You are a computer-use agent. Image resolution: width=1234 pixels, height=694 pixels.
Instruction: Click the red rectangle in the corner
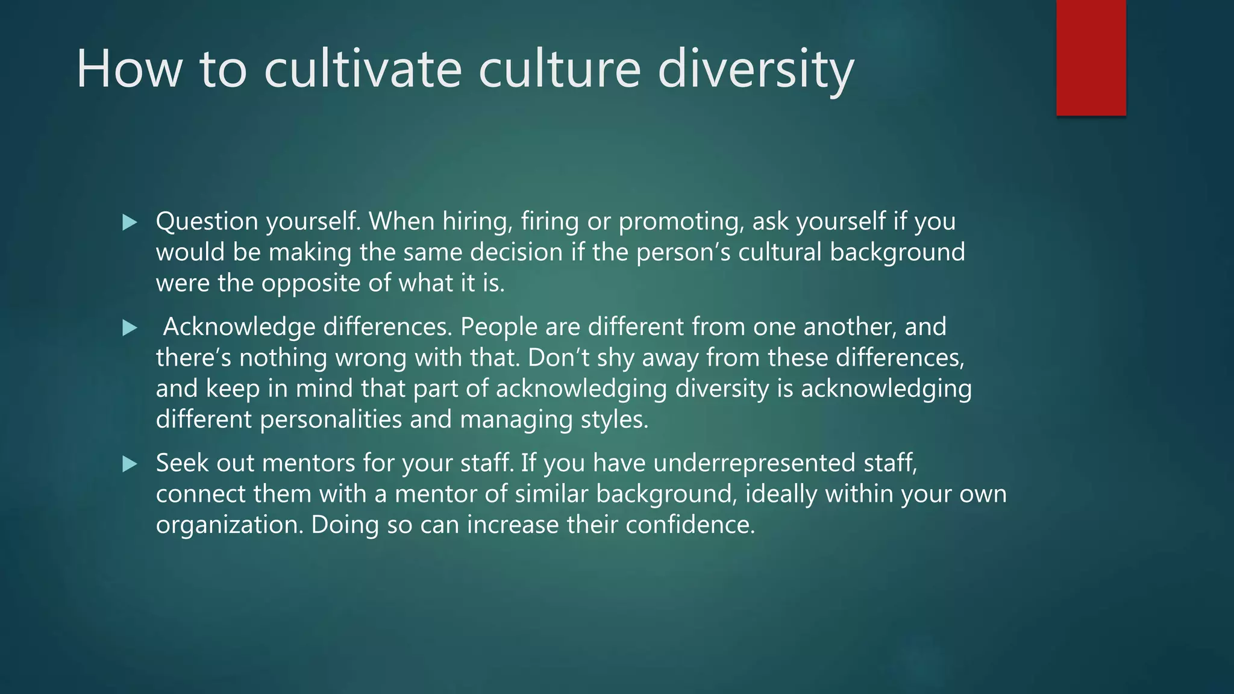[1091, 58]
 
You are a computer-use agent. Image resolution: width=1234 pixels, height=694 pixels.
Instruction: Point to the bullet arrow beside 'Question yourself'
[130, 222]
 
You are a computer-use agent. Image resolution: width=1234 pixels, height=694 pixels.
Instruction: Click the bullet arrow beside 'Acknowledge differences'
[130, 328]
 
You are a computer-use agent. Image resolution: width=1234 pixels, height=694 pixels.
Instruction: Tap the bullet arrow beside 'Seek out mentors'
[130, 464]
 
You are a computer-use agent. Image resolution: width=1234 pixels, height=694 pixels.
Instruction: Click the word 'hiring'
[477, 222]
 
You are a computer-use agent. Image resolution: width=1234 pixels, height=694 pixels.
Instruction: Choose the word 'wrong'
[371, 358]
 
